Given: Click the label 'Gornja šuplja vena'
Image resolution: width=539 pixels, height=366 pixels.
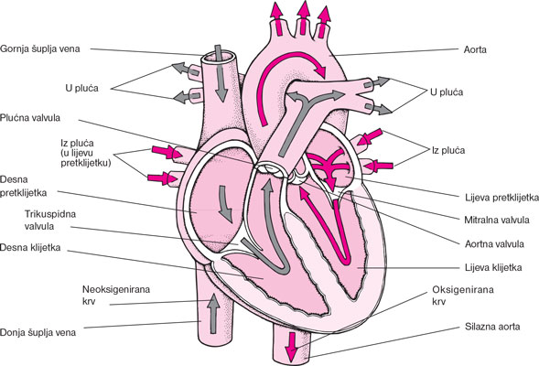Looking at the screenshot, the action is (x=40, y=48).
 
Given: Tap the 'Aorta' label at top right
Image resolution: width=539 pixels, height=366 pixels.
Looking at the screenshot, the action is (x=475, y=49).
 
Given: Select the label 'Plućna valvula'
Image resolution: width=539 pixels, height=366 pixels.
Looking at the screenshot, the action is (x=30, y=118).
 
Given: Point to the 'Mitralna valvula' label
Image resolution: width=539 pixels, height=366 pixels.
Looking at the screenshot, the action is (x=497, y=220).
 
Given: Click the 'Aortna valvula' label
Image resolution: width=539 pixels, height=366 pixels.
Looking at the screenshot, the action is (x=494, y=244).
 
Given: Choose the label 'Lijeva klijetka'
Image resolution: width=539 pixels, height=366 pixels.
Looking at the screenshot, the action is (x=493, y=267).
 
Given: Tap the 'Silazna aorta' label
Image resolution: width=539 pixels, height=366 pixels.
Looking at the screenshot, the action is (x=492, y=327).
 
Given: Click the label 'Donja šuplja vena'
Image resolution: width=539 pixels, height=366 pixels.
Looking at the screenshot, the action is (x=38, y=333).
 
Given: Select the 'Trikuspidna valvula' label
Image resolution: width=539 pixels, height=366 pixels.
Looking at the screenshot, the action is (x=50, y=221).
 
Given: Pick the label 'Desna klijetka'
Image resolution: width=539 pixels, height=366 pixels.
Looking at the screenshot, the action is (x=30, y=247).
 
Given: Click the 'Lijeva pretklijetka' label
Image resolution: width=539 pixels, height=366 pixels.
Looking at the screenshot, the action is (x=501, y=198).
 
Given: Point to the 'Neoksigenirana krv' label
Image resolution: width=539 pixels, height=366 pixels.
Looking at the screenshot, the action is (x=116, y=296).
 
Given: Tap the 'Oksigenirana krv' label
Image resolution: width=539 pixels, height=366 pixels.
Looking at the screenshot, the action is (x=463, y=296).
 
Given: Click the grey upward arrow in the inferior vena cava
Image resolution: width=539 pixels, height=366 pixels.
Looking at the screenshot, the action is (x=214, y=314).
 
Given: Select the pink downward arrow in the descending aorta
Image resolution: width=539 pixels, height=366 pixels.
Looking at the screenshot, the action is (x=292, y=347).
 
